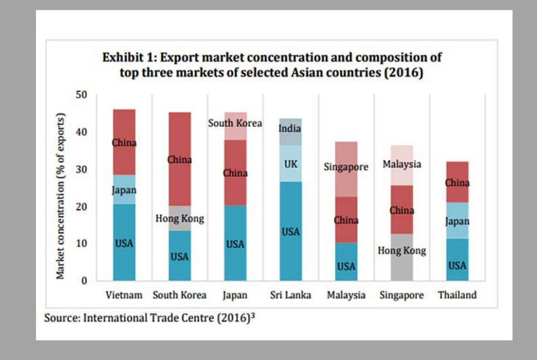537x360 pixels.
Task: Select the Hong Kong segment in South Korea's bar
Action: pyautogui.click(x=179, y=218)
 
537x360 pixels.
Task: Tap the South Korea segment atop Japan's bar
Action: pyautogui.click(x=235, y=123)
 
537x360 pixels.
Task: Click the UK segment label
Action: pyautogui.click(x=290, y=164)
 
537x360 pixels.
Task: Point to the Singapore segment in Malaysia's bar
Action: pyautogui.click(x=346, y=167)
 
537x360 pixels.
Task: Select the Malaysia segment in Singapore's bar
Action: pyautogui.click(x=402, y=164)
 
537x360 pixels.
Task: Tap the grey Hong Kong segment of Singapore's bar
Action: pyautogui.click(x=402, y=251)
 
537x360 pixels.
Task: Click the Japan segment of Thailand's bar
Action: pyautogui.click(x=457, y=221)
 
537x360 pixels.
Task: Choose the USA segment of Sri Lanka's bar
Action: pyautogui.click(x=290, y=231)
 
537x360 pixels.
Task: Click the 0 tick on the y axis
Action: pyautogui.click(x=84, y=281)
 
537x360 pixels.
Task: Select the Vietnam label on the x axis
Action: pyautogui.click(x=124, y=295)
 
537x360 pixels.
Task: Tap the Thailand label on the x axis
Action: pyautogui.click(x=457, y=295)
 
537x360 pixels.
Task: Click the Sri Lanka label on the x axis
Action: pyautogui.click(x=290, y=295)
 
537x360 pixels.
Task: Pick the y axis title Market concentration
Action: pyautogui.click(x=61, y=197)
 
